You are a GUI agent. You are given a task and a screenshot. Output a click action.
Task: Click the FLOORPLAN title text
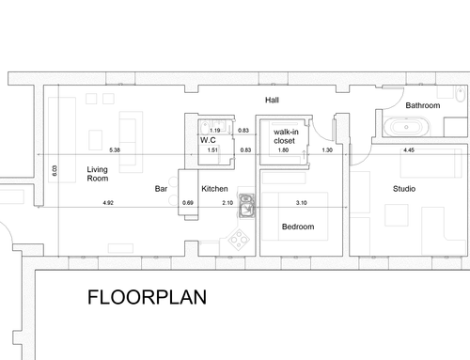(147, 297)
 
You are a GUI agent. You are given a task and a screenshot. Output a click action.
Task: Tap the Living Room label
(98, 174)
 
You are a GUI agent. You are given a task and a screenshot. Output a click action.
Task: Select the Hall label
(272, 100)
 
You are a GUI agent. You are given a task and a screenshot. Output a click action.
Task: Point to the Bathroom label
(423, 105)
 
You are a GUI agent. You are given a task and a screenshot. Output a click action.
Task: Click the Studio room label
(404, 189)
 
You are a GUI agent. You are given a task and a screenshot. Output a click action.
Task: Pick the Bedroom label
(298, 227)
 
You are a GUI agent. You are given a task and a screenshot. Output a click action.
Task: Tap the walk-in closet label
(286, 136)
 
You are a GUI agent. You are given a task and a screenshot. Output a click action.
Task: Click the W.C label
(208, 140)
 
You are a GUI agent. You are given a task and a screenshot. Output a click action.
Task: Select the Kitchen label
(214, 189)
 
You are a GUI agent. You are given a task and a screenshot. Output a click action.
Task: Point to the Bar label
(161, 189)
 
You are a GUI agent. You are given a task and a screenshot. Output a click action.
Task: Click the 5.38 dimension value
(115, 150)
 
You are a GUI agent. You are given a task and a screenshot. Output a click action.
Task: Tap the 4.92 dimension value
(108, 203)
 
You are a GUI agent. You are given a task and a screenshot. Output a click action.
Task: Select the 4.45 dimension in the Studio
(409, 150)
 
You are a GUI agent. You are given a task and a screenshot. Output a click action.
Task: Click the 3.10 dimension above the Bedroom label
(302, 203)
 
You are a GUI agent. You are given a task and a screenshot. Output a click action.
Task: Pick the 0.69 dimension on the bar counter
(188, 203)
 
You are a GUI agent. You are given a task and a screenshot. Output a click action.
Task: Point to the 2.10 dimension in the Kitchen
(227, 203)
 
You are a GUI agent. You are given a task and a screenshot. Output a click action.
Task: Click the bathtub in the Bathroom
(406, 127)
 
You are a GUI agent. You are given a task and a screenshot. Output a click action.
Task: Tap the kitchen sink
(247, 206)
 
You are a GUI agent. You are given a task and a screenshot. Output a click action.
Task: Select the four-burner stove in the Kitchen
(239, 240)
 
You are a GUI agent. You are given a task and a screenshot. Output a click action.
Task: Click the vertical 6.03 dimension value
(55, 171)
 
